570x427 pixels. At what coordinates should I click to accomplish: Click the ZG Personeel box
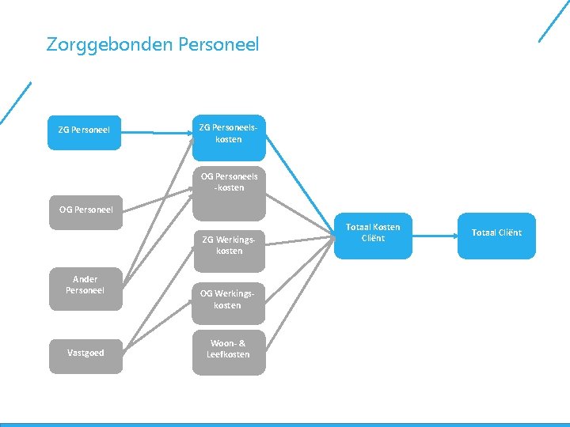click(85, 130)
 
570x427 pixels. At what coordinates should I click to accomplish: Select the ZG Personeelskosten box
click(229, 133)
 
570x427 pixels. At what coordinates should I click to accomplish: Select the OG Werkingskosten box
click(229, 300)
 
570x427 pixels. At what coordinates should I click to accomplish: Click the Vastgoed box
click(85, 353)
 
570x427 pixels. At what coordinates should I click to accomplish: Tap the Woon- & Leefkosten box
click(229, 349)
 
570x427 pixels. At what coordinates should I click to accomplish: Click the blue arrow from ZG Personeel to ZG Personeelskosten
click(158, 132)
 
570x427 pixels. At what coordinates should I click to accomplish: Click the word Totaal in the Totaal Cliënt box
click(484, 232)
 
